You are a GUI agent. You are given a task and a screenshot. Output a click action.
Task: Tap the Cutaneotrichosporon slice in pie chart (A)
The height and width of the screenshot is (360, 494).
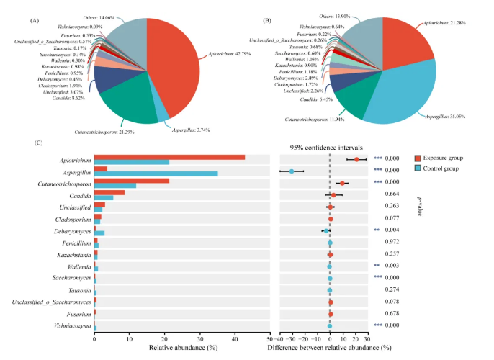tap(137, 108)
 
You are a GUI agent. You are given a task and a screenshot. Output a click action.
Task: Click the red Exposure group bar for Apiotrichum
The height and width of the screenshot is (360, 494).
tap(169, 156)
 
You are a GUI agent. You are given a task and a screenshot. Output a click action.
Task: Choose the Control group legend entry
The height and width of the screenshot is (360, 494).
tap(444, 168)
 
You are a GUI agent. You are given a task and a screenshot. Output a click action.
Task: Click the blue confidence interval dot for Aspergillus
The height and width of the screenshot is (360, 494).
tap(292, 171)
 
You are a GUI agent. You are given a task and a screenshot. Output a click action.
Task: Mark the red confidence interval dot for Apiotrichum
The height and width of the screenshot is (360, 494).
tap(356, 158)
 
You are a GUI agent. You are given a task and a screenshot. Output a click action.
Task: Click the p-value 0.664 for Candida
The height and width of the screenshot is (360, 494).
tap(392, 194)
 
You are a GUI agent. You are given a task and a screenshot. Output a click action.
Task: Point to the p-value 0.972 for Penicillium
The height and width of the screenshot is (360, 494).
tap(392, 242)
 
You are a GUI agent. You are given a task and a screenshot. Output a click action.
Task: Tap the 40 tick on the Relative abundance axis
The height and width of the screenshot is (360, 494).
tap(235, 338)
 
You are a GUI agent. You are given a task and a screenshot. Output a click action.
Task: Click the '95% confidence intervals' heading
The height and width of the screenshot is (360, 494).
tap(324, 147)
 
